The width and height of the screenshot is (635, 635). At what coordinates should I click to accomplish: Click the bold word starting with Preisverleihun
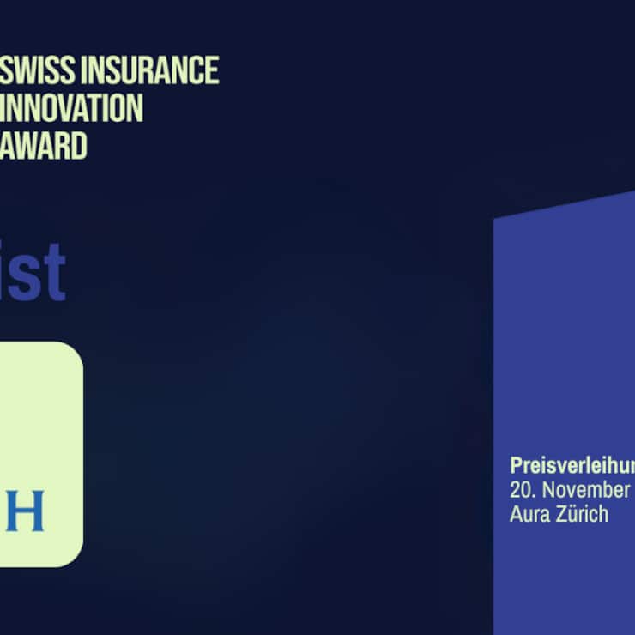(571, 465)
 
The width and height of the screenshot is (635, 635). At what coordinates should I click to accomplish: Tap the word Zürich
(581, 514)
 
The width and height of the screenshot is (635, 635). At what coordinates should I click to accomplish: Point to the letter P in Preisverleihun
(516, 465)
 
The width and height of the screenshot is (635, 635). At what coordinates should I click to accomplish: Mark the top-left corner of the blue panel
(495, 220)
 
